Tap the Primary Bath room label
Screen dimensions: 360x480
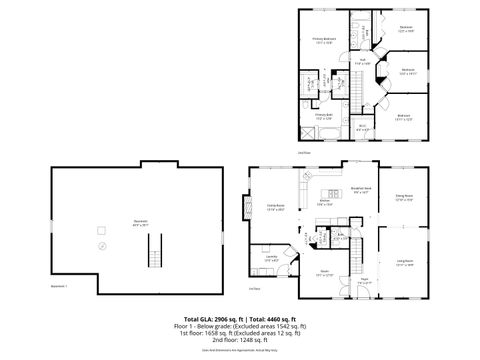tap(323, 116)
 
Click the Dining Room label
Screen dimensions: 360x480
tap(404, 197)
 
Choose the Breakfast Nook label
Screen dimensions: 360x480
tap(362, 189)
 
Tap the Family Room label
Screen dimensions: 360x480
tap(276, 208)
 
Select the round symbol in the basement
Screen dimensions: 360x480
tap(100, 245)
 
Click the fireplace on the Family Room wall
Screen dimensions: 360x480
tap(251, 210)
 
